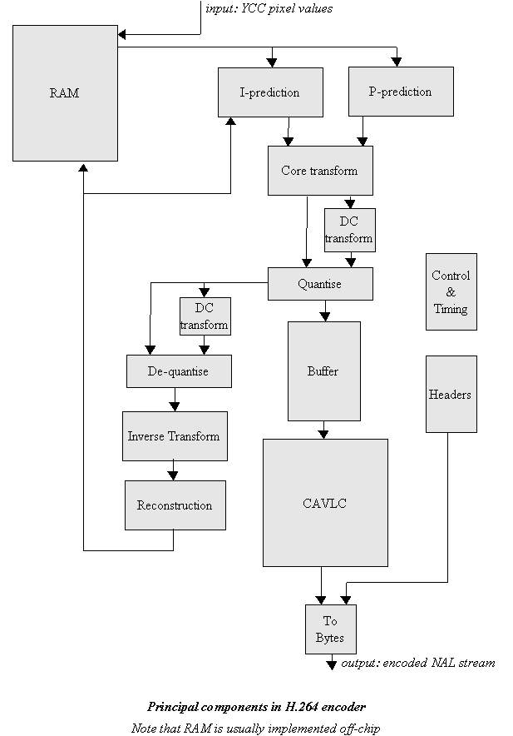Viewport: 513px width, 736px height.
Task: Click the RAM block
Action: (65, 93)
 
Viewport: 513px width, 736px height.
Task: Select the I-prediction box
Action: (269, 92)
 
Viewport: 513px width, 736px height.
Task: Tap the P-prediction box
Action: (400, 92)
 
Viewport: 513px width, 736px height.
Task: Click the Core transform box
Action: (319, 171)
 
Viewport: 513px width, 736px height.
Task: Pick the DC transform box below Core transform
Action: (349, 231)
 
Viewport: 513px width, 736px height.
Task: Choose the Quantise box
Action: (319, 284)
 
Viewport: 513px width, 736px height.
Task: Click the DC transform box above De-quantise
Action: (205, 316)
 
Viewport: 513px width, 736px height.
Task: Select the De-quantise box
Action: (179, 371)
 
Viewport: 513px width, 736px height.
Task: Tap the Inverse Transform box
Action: (174, 436)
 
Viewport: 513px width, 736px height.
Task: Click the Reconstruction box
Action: (175, 505)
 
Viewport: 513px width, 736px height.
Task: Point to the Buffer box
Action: (323, 371)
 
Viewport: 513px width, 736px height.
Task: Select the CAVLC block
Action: (325, 503)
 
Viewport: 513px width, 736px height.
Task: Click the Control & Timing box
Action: (451, 292)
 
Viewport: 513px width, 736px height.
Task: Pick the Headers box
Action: (451, 395)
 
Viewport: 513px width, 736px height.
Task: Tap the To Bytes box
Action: (330, 629)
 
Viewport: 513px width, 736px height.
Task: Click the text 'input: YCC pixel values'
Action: (269, 8)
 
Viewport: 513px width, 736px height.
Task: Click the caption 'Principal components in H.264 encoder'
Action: (256, 707)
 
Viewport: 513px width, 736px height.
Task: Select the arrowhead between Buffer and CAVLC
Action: (324, 433)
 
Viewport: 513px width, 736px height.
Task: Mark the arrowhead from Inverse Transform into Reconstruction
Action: (174, 475)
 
